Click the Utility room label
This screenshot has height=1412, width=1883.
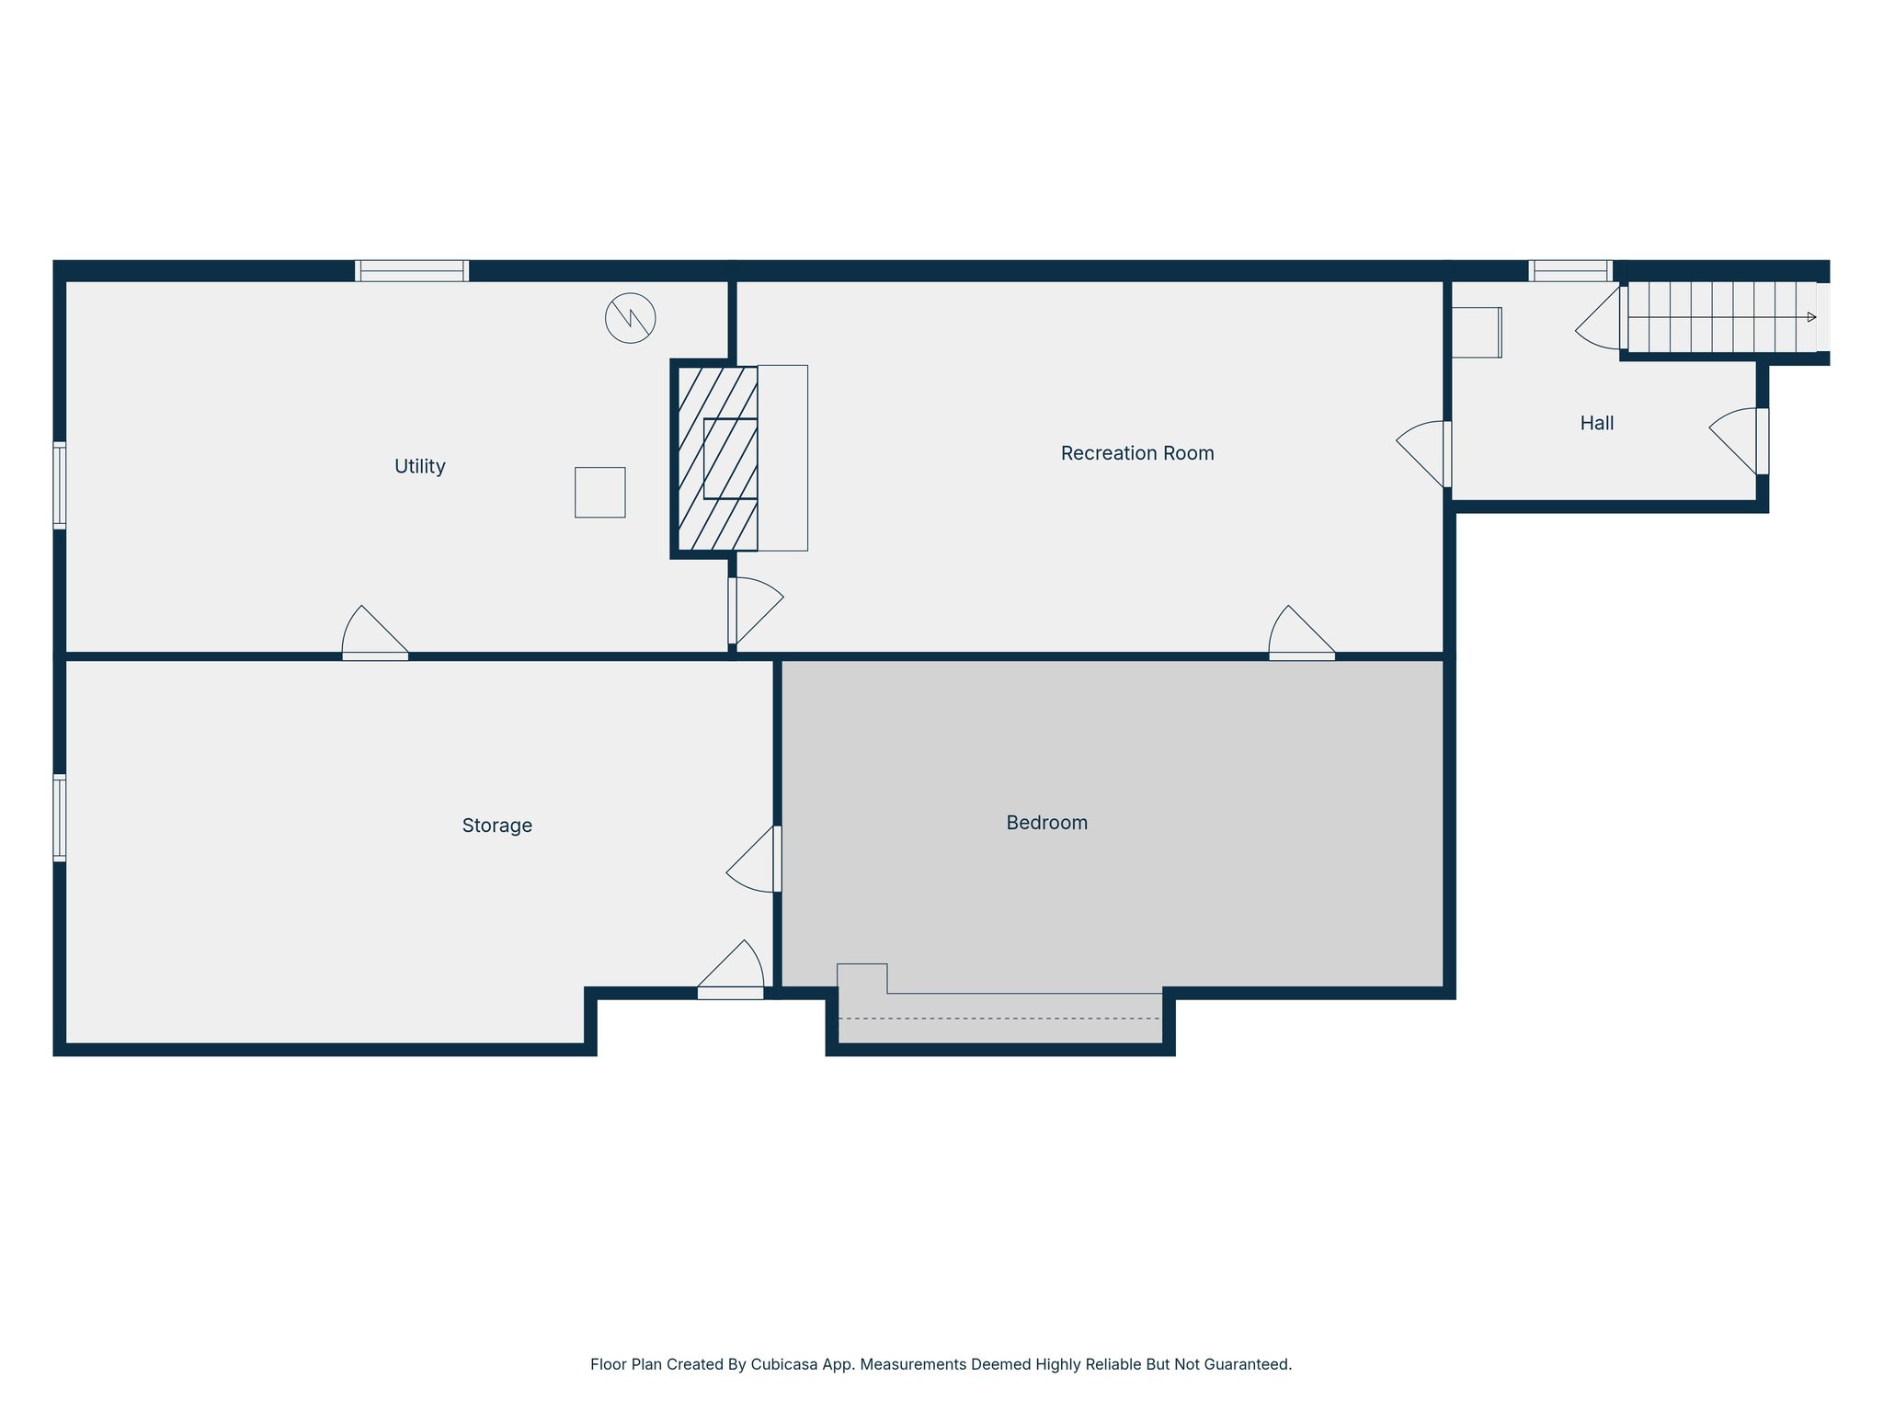(x=419, y=466)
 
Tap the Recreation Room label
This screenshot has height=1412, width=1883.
(x=1136, y=453)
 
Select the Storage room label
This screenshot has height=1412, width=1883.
(x=496, y=826)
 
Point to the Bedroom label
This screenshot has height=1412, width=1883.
(x=1046, y=823)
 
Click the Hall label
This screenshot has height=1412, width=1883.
(x=1596, y=423)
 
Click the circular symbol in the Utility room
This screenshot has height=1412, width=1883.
(x=630, y=318)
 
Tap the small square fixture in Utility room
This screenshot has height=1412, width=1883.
(x=599, y=492)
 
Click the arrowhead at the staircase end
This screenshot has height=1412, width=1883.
(x=1811, y=317)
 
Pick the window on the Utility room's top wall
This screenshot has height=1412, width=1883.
(x=412, y=270)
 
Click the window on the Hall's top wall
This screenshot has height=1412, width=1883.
(x=1569, y=270)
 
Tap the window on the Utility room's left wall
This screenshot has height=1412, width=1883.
(x=59, y=484)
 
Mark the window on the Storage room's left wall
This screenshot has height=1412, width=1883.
(x=59, y=817)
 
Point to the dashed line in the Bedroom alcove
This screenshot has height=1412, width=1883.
(x=999, y=1018)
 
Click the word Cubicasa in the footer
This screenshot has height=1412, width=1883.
(x=784, y=1364)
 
